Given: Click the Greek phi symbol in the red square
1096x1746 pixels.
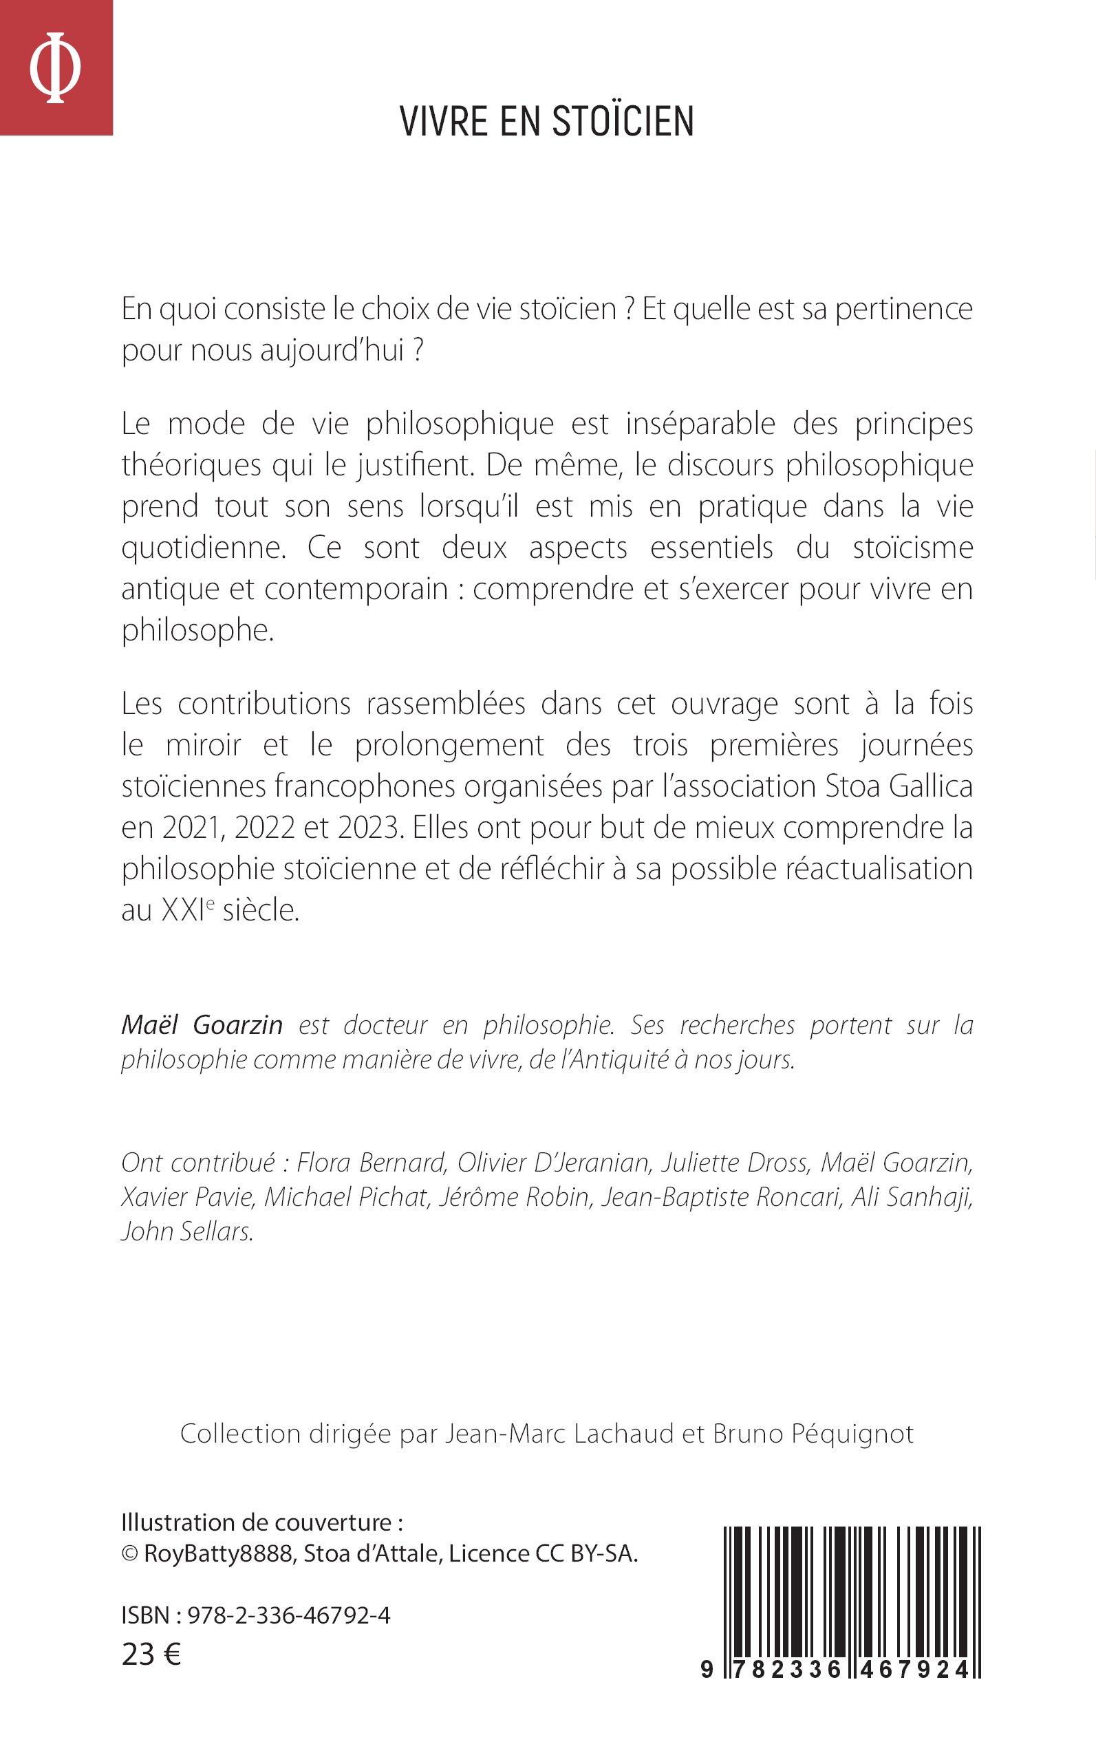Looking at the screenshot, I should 55,67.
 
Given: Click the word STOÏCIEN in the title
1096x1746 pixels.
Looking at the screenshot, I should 623,122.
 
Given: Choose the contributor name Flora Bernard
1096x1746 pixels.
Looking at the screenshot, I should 371,1163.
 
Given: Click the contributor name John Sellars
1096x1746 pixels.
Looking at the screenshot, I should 187,1232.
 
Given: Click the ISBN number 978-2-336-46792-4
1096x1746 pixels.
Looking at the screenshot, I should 288,1615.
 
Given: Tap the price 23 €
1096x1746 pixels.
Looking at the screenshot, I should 151,1655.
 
